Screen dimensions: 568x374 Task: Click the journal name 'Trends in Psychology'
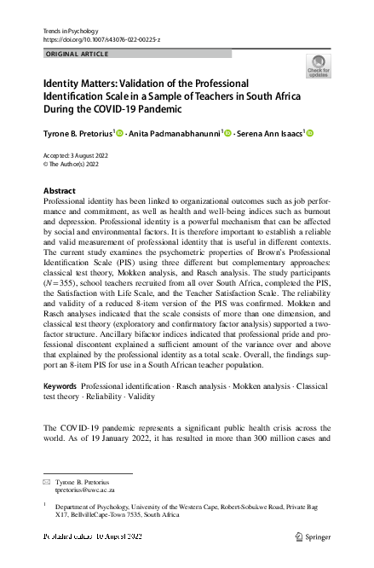[x=69, y=31]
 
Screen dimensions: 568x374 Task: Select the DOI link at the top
[x=101, y=40]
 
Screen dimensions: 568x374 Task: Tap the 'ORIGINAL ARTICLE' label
[x=78, y=55]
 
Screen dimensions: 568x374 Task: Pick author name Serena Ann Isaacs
[x=272, y=133]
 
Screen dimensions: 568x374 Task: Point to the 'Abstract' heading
[x=59, y=190]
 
